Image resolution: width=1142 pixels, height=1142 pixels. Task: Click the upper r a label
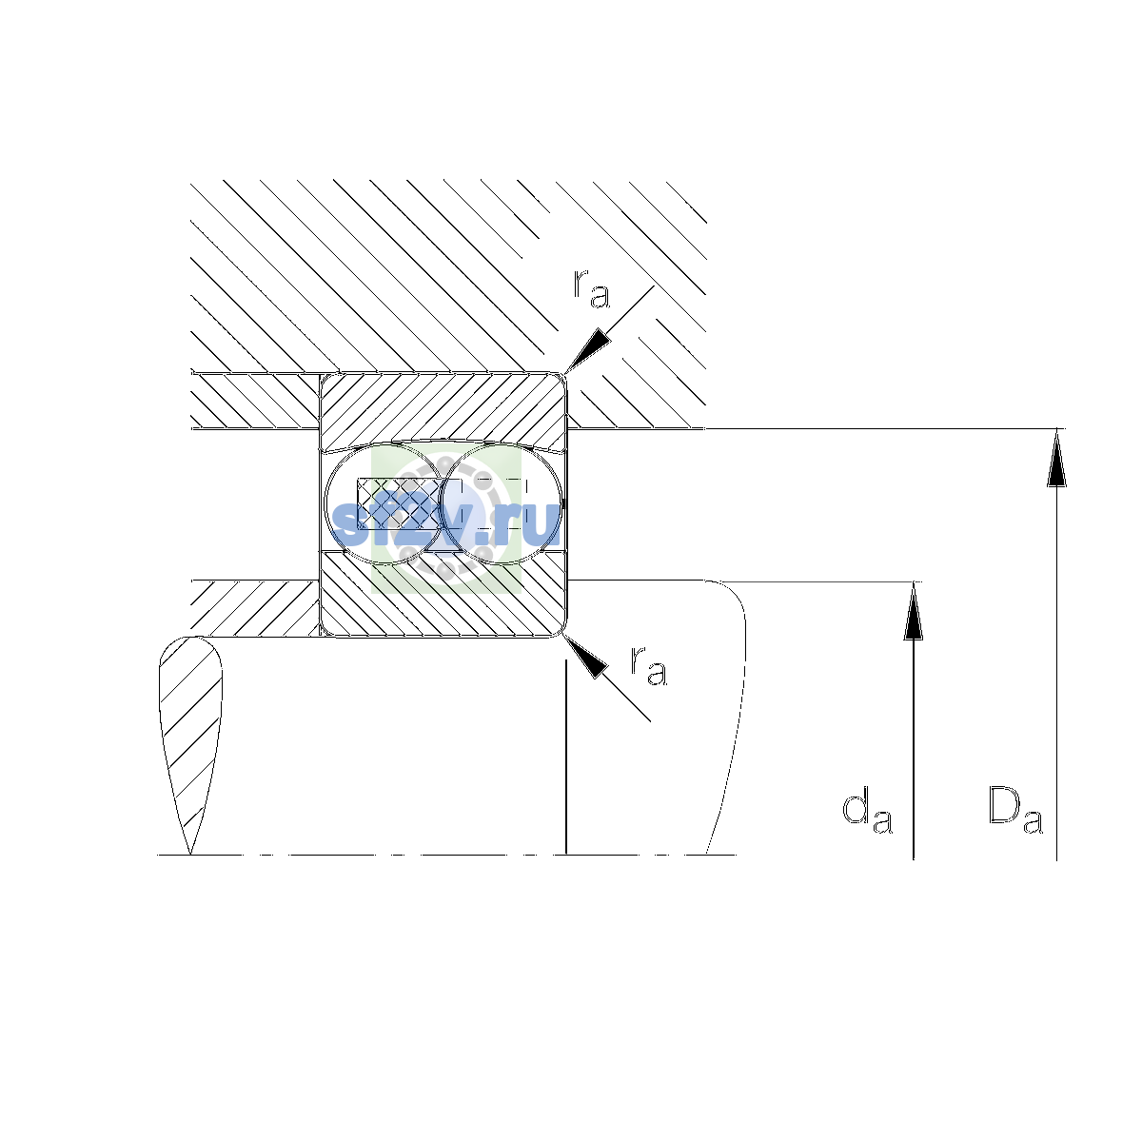(591, 288)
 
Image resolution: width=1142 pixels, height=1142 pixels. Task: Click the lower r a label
(648, 665)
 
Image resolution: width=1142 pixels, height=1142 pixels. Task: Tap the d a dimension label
(867, 810)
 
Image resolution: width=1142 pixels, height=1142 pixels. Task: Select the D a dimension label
(1015, 810)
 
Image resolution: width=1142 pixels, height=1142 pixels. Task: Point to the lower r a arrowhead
(586, 658)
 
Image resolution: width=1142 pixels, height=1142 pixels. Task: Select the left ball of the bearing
(385, 502)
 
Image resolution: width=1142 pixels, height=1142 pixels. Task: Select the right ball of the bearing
(501, 502)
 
